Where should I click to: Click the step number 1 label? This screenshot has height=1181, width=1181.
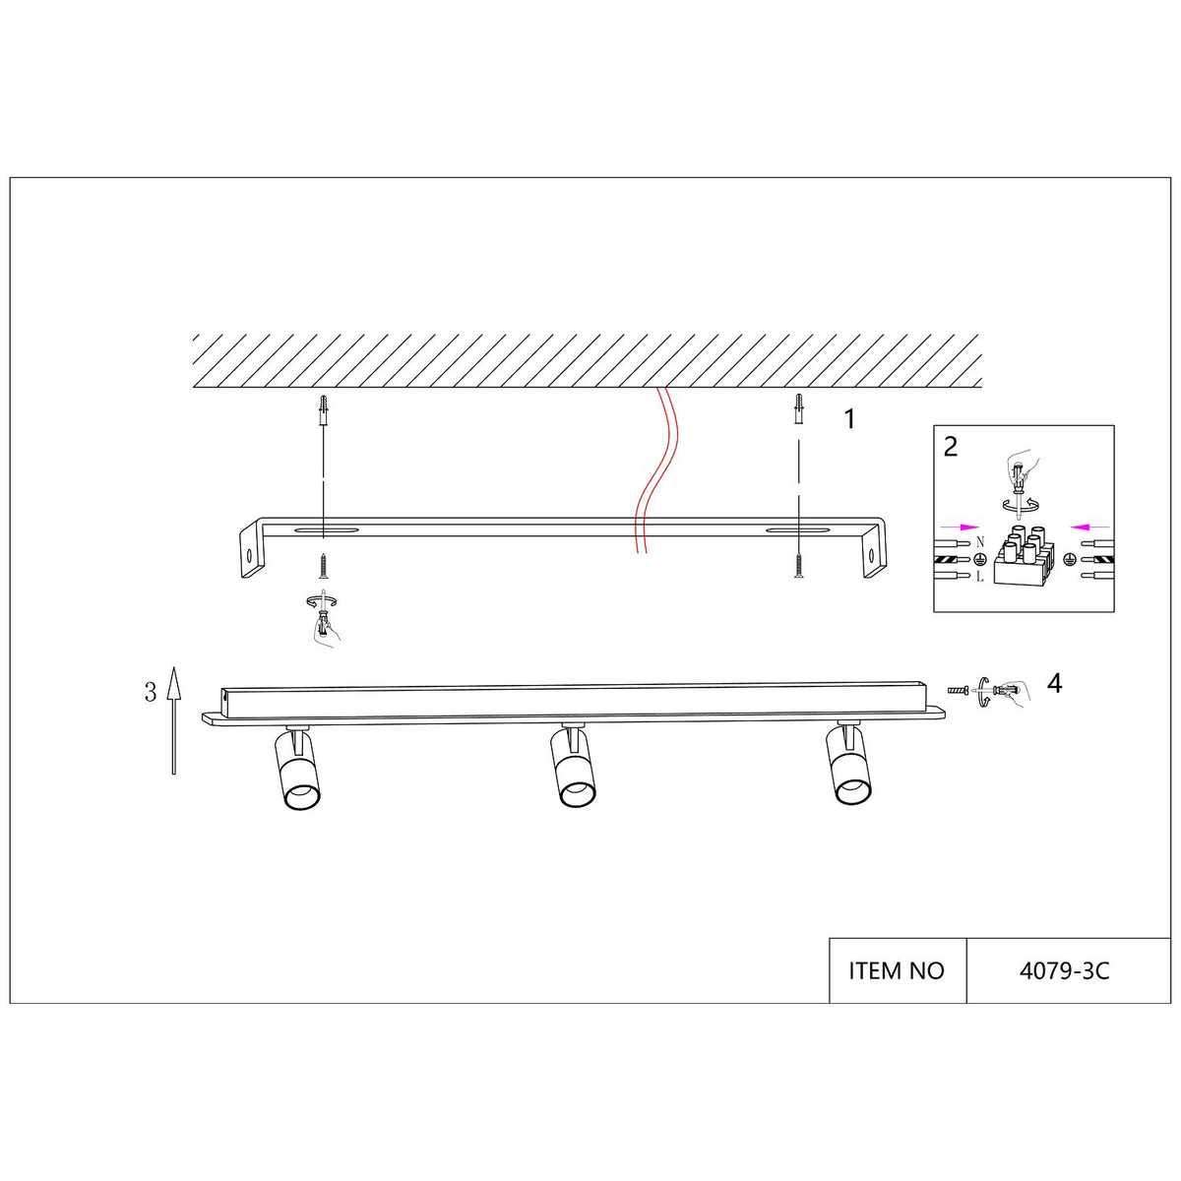pyautogui.click(x=848, y=419)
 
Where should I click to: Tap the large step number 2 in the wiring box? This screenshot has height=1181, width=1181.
pyautogui.click(x=951, y=447)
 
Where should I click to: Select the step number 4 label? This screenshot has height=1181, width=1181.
pyautogui.click(x=1054, y=683)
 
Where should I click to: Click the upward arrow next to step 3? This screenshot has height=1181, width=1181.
pyautogui.click(x=174, y=720)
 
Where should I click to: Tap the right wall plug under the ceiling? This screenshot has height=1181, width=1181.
pyautogui.click(x=798, y=408)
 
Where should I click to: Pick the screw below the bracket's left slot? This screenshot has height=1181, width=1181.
pyautogui.click(x=323, y=566)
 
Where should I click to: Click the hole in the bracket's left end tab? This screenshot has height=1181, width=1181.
pyautogui.click(x=249, y=555)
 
